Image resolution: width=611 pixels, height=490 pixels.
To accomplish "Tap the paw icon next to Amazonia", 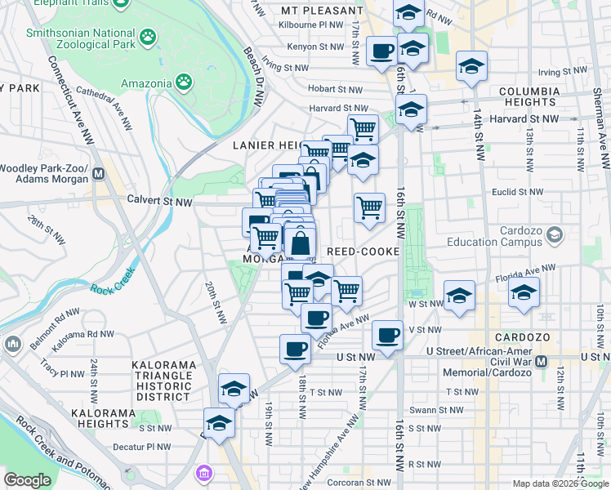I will [x=185, y=82].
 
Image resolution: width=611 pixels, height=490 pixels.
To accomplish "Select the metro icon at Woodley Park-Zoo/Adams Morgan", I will [x=99, y=173].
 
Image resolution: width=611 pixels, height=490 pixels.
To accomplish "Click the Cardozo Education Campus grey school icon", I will [x=555, y=236].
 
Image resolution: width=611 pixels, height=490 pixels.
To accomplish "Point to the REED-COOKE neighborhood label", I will [x=363, y=252].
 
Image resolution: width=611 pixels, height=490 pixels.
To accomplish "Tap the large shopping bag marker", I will [x=301, y=243].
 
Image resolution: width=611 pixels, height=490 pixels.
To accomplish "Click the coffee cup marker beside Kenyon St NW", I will [x=381, y=51].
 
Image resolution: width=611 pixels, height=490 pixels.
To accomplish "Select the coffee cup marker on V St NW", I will [x=388, y=333].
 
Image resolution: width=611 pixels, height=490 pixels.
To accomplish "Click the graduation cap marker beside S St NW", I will [x=218, y=422].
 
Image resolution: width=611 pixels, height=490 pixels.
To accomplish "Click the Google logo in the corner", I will [x=27, y=480].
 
